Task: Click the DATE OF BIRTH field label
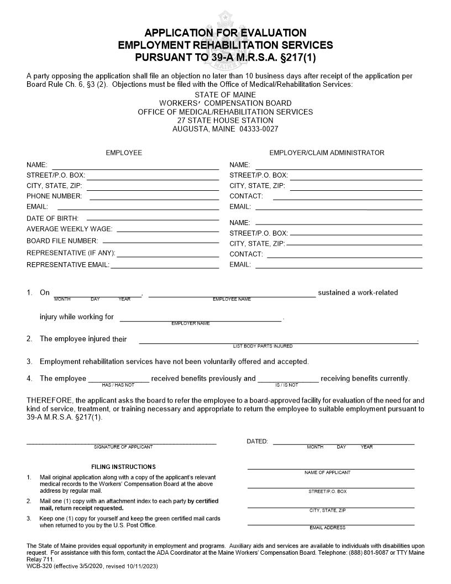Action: click(x=53, y=218)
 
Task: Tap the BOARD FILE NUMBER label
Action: click(x=62, y=241)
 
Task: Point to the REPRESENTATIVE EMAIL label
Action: click(x=67, y=265)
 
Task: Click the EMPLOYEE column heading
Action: click(x=124, y=153)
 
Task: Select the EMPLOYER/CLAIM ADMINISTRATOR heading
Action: click(x=327, y=153)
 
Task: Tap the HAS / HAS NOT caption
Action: click(x=118, y=385)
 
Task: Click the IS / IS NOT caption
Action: click(x=286, y=385)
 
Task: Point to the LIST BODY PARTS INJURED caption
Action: click(x=263, y=346)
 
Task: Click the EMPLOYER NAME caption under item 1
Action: click(x=190, y=324)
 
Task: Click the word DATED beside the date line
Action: click(x=257, y=441)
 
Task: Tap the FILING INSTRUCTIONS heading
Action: click(x=123, y=467)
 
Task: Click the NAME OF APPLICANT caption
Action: click(x=327, y=473)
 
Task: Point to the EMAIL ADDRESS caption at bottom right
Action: click(x=327, y=528)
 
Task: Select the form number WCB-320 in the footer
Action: click(x=39, y=566)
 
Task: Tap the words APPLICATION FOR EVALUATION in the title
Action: click(x=225, y=33)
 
